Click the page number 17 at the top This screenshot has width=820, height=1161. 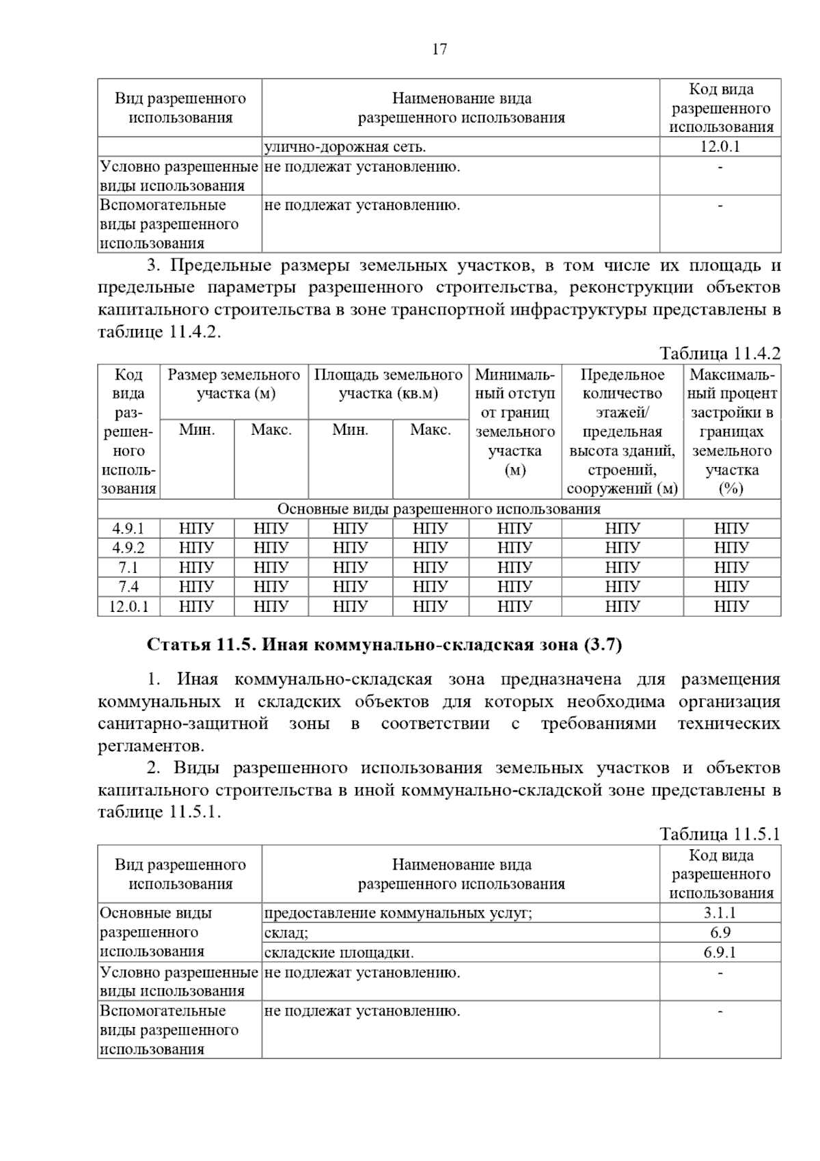point(439,49)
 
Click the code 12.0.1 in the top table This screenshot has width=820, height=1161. point(720,147)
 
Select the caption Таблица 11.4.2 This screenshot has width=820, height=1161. point(719,353)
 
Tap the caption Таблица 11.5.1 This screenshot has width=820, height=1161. point(719,834)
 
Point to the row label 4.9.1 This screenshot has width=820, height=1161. point(128,529)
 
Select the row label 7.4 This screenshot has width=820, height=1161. point(128,587)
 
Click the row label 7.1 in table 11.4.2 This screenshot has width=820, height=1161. point(128,568)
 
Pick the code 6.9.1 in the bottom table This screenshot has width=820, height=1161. point(720,952)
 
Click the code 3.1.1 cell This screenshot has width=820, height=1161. point(720,913)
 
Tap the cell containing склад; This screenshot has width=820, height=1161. point(286,933)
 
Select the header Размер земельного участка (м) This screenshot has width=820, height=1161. point(234,384)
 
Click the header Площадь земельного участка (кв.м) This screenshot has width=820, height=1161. point(388,384)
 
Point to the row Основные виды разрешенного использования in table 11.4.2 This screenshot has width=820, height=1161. point(439,509)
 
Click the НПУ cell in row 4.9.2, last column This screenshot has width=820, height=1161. point(731,548)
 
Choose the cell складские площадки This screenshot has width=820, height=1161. point(339,952)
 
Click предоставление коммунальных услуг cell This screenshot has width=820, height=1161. point(398,913)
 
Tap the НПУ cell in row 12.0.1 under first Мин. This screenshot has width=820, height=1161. point(197,606)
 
